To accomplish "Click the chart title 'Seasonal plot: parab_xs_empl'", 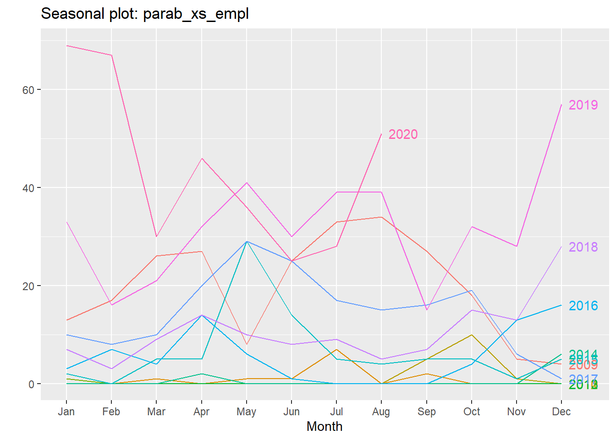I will click(145, 14).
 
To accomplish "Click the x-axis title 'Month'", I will click(324, 427).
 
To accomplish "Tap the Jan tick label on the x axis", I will click(66, 412).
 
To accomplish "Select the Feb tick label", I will click(111, 412).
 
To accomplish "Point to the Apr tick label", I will click(202, 412).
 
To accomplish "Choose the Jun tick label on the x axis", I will click(291, 412).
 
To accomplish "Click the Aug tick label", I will click(381, 412).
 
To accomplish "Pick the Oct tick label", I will click(472, 412).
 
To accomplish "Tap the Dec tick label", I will click(561, 412).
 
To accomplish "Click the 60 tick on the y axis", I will click(28, 90).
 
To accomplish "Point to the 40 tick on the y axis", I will click(28, 188).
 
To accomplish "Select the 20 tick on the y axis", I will click(28, 286).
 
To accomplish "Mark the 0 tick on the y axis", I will click(31, 384).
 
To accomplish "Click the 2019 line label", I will click(583, 105).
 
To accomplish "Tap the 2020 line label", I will click(403, 134).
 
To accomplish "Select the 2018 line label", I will click(583, 247).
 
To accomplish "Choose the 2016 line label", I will click(583, 306).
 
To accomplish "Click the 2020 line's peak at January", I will click(67, 46).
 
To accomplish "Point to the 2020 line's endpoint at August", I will click(381, 134).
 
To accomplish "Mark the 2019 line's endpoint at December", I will click(561, 104).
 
